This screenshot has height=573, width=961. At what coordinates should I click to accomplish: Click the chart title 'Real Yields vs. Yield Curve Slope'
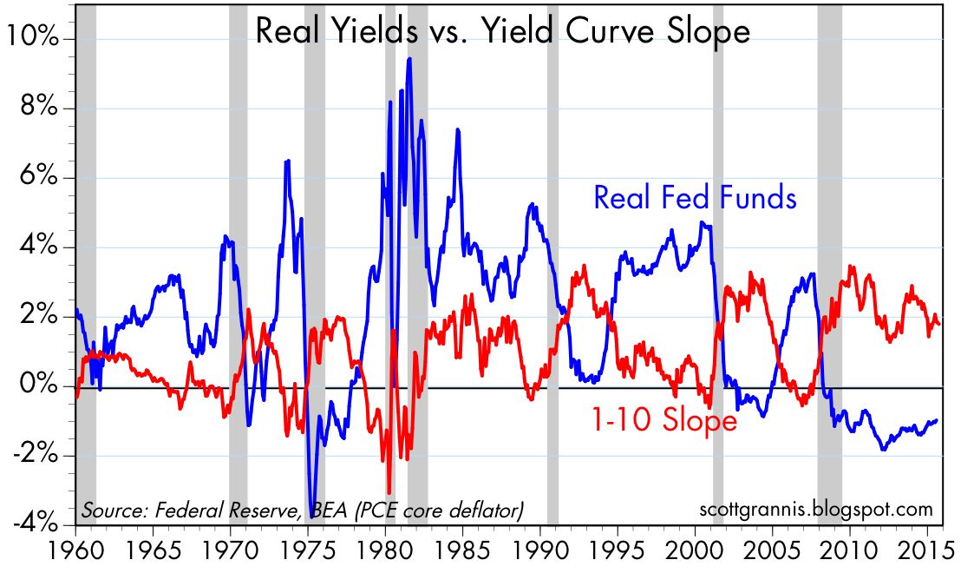501,32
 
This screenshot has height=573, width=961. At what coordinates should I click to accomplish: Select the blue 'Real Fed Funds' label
694,198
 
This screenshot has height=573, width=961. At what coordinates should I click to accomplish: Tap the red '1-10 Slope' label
664,421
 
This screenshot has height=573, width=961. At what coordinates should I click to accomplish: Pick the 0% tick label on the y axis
38,385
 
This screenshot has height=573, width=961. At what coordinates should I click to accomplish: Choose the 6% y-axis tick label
38,178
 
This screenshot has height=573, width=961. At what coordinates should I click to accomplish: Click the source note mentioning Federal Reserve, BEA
303,510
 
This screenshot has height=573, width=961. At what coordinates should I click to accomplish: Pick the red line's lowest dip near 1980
389,492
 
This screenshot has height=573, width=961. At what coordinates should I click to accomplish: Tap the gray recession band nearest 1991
552,260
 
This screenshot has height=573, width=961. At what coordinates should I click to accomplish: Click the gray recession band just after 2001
718,260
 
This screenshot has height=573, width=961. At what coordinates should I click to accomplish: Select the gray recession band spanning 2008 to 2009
829,260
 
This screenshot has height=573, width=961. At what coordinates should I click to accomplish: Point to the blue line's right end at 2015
937,420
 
